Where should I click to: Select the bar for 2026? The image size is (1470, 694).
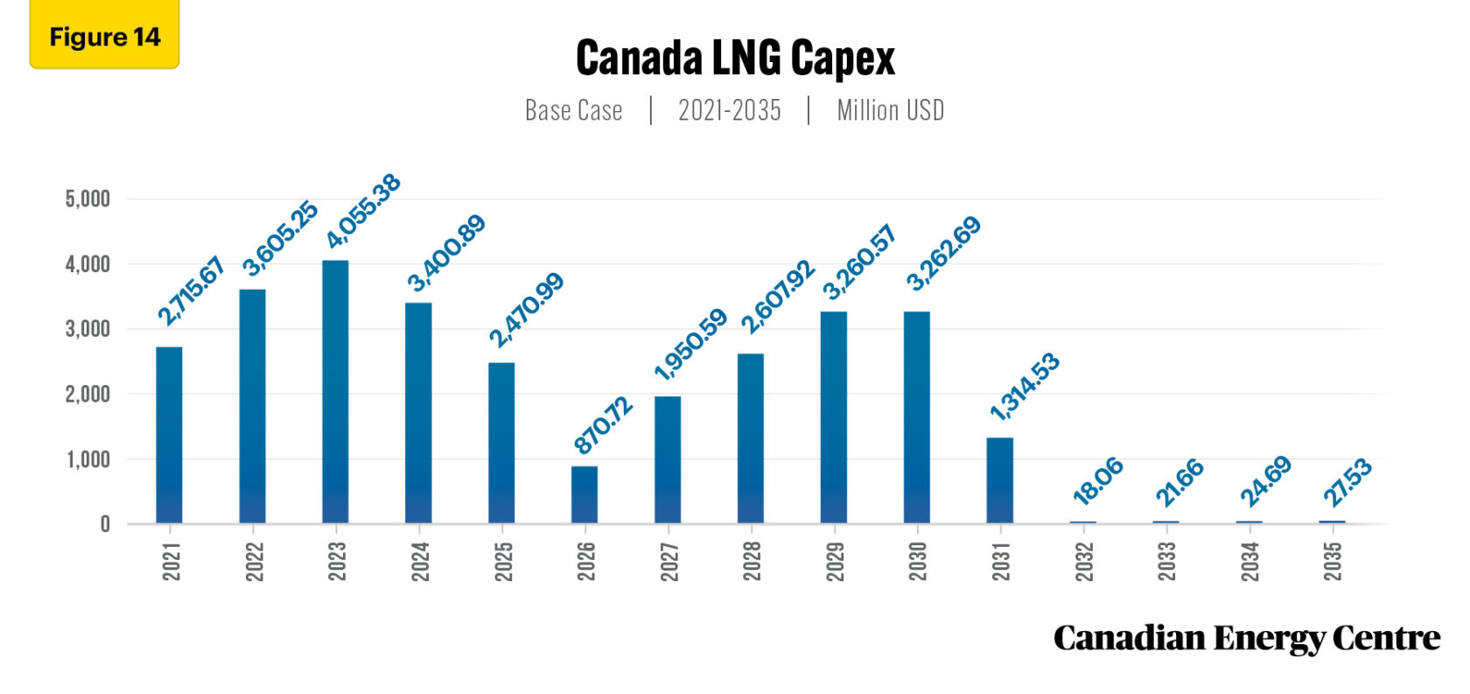click(584, 494)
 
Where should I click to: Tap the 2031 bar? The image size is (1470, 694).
click(1000, 480)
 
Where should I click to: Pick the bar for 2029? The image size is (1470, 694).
click(834, 417)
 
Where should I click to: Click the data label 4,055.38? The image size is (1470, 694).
click(363, 211)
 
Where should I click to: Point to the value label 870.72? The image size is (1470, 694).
click(603, 425)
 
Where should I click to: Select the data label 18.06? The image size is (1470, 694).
click(1097, 481)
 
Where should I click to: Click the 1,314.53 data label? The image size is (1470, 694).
click(1025, 386)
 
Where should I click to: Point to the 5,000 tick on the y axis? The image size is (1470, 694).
click(87, 199)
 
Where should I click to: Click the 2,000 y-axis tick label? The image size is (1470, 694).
click(87, 394)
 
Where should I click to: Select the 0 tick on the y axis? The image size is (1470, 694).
click(105, 524)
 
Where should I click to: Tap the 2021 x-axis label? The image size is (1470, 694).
click(171, 561)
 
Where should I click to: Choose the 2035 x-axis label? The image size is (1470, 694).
click(1333, 561)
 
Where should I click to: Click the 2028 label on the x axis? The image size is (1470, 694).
click(752, 561)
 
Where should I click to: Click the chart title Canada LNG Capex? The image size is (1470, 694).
click(735, 59)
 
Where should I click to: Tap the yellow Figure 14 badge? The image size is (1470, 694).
click(104, 37)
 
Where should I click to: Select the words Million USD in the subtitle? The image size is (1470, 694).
click(890, 111)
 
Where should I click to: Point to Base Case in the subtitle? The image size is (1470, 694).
click(573, 111)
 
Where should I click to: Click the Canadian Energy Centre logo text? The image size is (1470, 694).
click(1246, 639)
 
